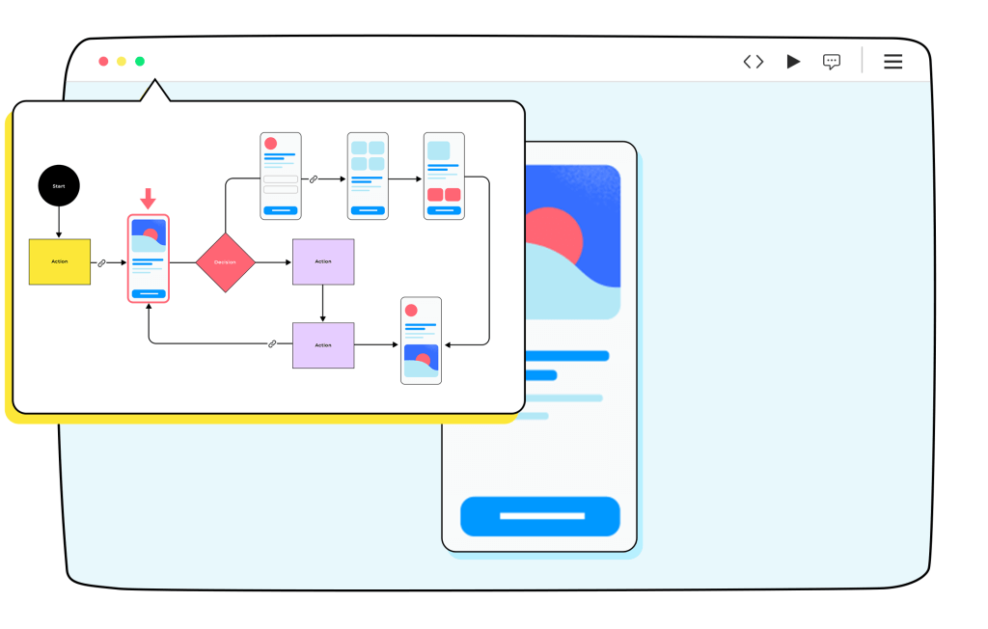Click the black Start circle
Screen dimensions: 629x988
(x=59, y=185)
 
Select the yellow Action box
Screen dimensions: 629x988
(x=60, y=261)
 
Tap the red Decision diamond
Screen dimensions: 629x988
(x=225, y=262)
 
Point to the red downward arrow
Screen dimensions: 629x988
(x=148, y=199)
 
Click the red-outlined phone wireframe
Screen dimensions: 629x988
(x=149, y=259)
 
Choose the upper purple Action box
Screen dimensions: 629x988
(x=323, y=261)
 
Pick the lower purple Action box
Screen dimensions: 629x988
(x=323, y=345)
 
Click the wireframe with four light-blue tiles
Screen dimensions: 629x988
(x=368, y=177)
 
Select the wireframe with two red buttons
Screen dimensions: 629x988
(x=444, y=177)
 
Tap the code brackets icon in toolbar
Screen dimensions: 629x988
(x=754, y=62)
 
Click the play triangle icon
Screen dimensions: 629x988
(x=793, y=62)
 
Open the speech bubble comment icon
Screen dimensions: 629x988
(x=832, y=62)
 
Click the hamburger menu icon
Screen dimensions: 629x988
(x=893, y=62)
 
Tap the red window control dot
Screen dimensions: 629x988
(x=103, y=62)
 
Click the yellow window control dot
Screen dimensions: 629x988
(x=122, y=62)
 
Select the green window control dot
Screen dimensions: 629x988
(x=140, y=62)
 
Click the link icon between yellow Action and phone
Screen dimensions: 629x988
(x=102, y=262)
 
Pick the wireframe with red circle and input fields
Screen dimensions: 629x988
(x=281, y=177)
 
